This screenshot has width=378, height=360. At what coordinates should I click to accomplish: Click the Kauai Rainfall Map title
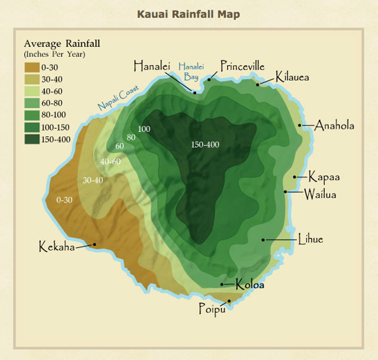coord(189,14)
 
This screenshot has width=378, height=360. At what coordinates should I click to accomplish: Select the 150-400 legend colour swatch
coord(33,139)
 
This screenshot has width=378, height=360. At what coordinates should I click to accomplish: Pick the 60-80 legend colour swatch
coord(33,103)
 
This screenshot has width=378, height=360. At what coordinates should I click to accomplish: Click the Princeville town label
coord(242,66)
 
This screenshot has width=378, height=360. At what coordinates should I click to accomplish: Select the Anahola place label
coord(335,126)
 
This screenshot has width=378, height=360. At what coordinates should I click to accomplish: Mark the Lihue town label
coord(310,239)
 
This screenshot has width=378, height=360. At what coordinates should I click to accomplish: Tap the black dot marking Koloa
coord(223,284)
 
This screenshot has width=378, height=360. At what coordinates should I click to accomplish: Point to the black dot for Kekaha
coord(94,245)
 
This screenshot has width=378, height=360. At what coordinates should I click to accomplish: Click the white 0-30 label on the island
coord(64,200)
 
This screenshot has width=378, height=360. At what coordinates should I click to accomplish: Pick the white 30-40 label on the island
coord(93,180)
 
